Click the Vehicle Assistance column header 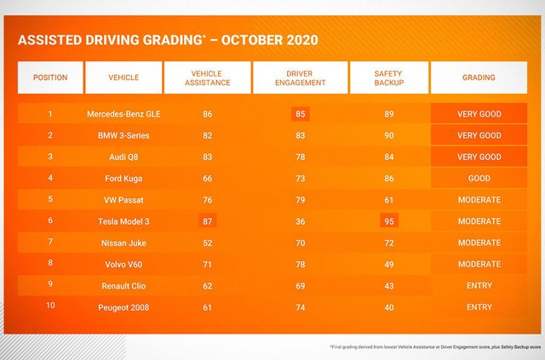click(207, 77)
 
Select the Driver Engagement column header click(300, 77)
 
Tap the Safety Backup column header click(388, 77)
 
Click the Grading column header click(479, 77)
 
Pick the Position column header click(50, 77)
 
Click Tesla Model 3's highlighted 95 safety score click(388, 221)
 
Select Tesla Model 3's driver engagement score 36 click(300, 221)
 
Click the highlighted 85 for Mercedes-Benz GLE click(300, 114)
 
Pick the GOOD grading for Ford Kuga click(479, 179)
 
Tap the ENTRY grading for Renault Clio click(479, 286)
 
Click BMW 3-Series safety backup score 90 click(388, 135)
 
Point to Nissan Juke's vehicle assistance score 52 click(207, 243)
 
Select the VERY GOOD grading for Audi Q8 click(479, 157)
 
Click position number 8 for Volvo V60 click(50, 264)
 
